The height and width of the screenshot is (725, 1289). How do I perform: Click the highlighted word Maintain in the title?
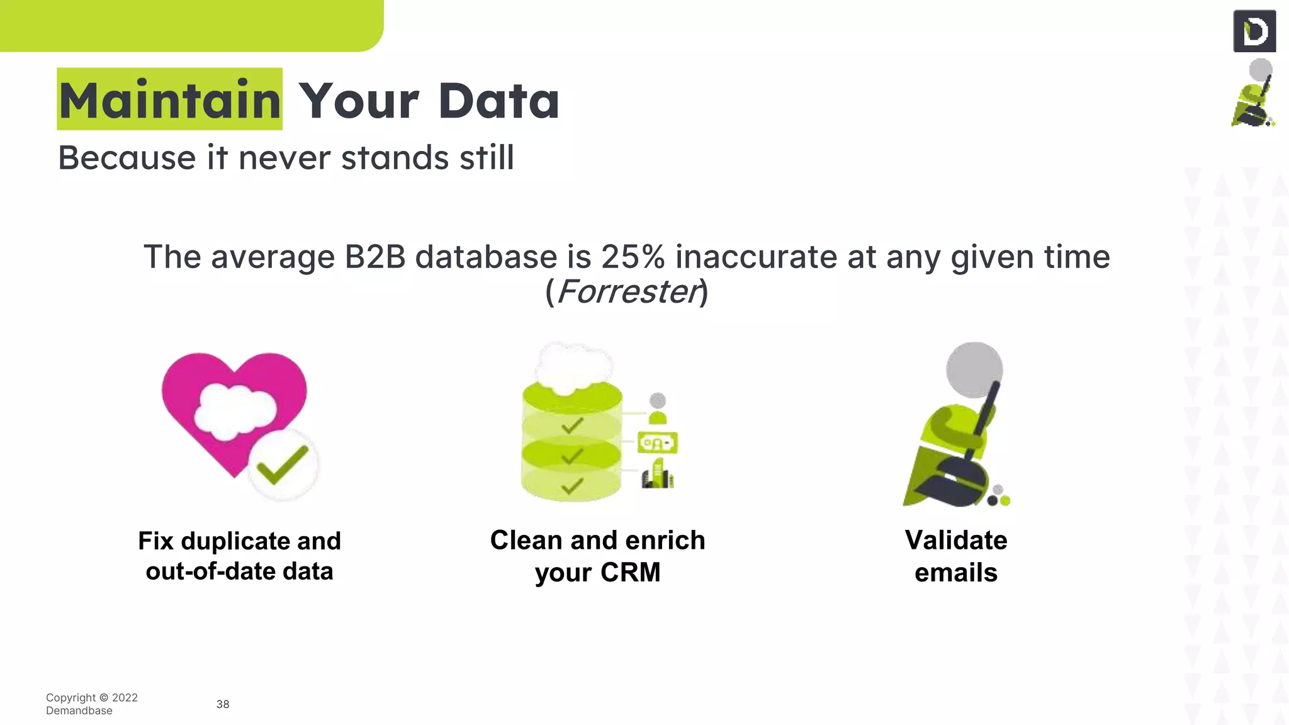tap(169, 100)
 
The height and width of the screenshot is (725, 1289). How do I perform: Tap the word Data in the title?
tap(498, 101)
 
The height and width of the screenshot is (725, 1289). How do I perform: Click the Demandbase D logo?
tap(1254, 31)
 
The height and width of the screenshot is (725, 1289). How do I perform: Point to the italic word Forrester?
tap(628, 291)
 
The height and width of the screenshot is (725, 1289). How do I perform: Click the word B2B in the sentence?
tap(375, 257)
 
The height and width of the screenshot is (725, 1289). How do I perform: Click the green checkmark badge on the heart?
tap(283, 464)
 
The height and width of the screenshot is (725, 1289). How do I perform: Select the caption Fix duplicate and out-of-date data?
tap(239, 556)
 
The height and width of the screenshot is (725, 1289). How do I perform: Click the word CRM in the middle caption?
tap(630, 573)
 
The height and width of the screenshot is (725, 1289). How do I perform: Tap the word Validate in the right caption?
tap(955, 541)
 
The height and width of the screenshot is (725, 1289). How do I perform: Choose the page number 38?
tap(223, 704)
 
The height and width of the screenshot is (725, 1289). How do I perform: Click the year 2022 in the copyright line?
tap(125, 697)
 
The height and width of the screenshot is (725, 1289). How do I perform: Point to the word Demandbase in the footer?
tap(79, 711)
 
